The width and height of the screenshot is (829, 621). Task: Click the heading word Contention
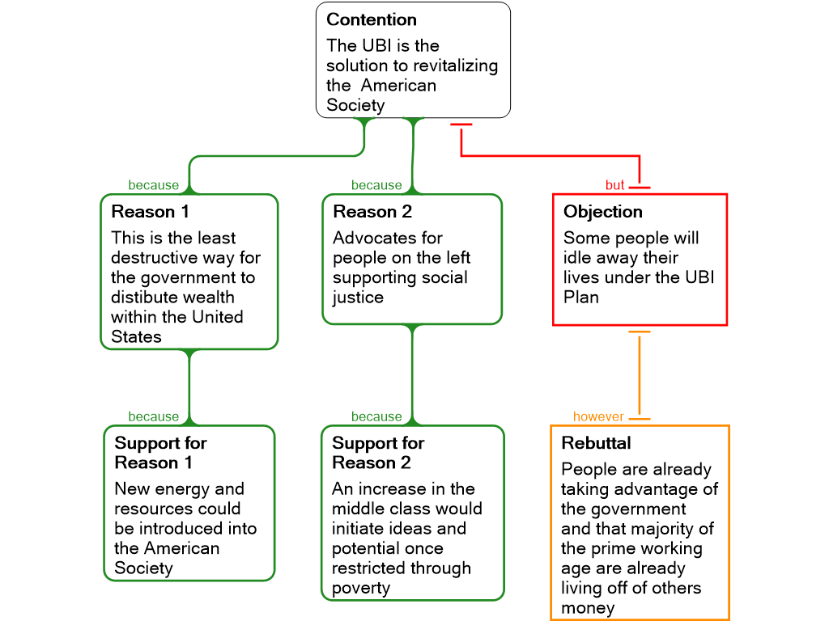[372, 19]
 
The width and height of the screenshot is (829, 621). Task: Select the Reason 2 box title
[372, 212]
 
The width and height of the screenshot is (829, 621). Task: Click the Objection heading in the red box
[603, 212]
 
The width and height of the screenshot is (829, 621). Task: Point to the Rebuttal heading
[596, 443]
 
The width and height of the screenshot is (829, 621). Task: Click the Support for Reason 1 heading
[160, 453]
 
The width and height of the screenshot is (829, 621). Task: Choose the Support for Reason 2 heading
[378, 453]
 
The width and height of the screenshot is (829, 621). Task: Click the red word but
[615, 185]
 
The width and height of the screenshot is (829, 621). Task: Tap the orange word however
[598, 416]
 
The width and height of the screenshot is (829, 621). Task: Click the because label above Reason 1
[153, 185]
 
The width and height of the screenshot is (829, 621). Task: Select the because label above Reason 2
[376, 185]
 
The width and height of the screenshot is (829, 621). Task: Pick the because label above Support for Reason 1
[153, 416]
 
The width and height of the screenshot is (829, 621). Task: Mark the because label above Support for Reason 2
[376, 416]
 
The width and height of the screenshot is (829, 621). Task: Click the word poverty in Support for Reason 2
[361, 588]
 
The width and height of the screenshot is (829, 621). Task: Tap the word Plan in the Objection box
[581, 297]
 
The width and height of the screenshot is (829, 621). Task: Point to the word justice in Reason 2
[358, 297]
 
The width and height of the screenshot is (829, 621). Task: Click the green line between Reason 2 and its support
[412, 372]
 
